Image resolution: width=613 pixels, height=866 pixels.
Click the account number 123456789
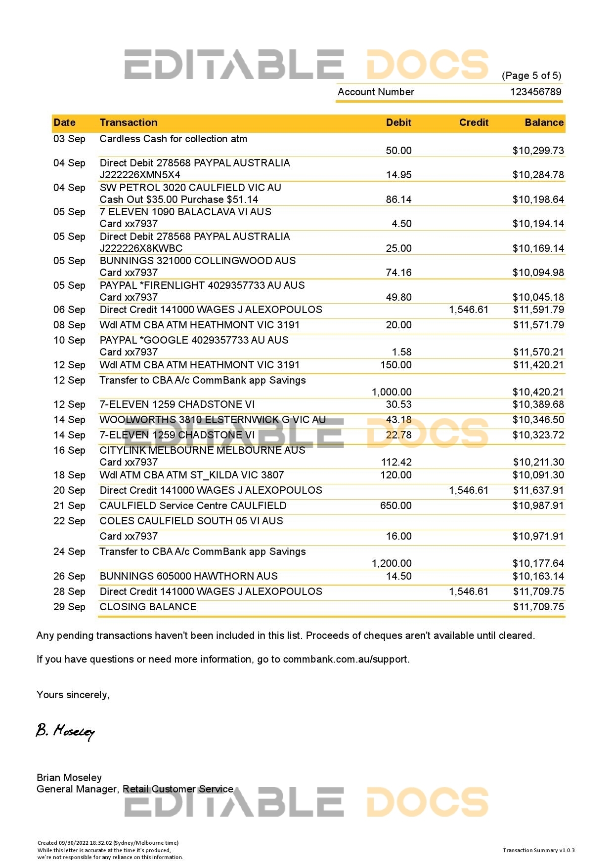[535, 92]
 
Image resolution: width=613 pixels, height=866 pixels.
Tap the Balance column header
[544, 122]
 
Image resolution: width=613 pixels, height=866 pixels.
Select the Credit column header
[473, 122]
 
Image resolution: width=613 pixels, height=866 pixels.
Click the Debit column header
[398, 122]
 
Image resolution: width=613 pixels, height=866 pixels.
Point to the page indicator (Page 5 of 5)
[531, 76]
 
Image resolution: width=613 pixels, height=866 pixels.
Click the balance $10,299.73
[538, 151]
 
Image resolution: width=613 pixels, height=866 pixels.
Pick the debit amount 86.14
[398, 199]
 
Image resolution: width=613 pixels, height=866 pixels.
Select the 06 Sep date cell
[69, 310]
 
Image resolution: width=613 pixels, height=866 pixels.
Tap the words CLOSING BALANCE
[148, 607]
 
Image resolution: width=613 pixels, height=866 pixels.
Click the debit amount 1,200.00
[392, 563]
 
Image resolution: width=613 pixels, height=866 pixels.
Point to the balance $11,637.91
[538, 490]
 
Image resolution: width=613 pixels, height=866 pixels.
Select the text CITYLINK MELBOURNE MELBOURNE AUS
[202, 450]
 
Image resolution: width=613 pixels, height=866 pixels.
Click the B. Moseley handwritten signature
[65, 731]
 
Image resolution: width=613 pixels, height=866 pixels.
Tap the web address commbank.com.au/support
[346, 659]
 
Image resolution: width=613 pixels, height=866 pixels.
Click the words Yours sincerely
[73, 695]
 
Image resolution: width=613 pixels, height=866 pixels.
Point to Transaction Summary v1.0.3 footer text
[538, 850]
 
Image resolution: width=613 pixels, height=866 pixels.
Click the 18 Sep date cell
[69, 475]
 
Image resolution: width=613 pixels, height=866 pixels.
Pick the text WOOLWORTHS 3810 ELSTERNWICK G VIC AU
[213, 420]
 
